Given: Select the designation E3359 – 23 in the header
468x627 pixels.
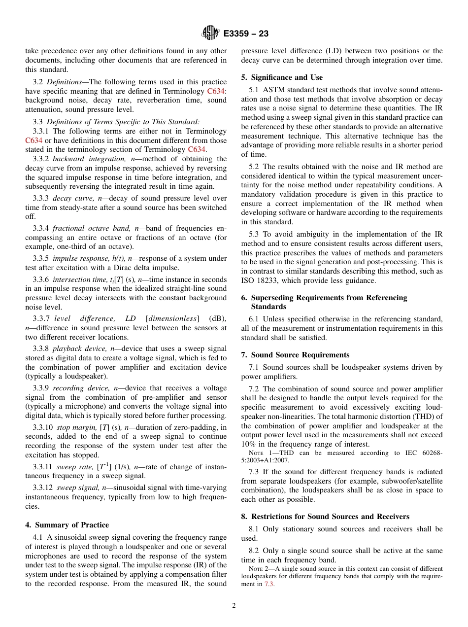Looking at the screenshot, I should point(246,34).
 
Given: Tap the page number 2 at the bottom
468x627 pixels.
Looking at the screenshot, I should point(234,606).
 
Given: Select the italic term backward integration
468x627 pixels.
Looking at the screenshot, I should point(80,159).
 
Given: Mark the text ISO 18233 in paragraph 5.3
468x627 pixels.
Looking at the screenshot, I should point(261,280).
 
